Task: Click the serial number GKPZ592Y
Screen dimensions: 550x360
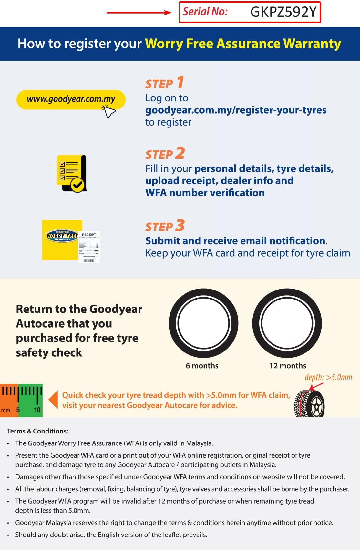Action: coord(283,12)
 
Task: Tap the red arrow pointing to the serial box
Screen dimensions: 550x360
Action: coord(139,13)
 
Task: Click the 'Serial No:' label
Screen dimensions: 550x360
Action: coord(205,12)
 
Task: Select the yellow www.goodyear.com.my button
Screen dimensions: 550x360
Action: coord(71,99)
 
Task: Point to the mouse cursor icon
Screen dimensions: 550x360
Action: coord(109,112)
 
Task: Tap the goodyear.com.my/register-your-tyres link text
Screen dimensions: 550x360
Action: coord(236,110)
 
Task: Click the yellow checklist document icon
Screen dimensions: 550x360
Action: coord(71,173)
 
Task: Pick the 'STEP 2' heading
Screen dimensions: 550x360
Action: coord(165,154)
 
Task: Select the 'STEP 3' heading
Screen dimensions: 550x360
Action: coord(165,226)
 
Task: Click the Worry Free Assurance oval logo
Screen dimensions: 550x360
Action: coord(62,236)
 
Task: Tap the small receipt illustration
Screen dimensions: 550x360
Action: coord(89,247)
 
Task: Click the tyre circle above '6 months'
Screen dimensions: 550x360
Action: coord(203,323)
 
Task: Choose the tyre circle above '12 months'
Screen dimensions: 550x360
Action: coord(287,323)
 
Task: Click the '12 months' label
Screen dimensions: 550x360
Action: coord(288,366)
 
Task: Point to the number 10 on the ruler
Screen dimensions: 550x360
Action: coord(37,410)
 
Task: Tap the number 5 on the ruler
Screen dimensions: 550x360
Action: coord(18,410)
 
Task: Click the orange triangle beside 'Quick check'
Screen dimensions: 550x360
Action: coord(53,400)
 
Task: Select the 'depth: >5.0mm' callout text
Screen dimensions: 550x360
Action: coord(328,377)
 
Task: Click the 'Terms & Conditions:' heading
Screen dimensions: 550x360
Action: coord(38,431)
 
